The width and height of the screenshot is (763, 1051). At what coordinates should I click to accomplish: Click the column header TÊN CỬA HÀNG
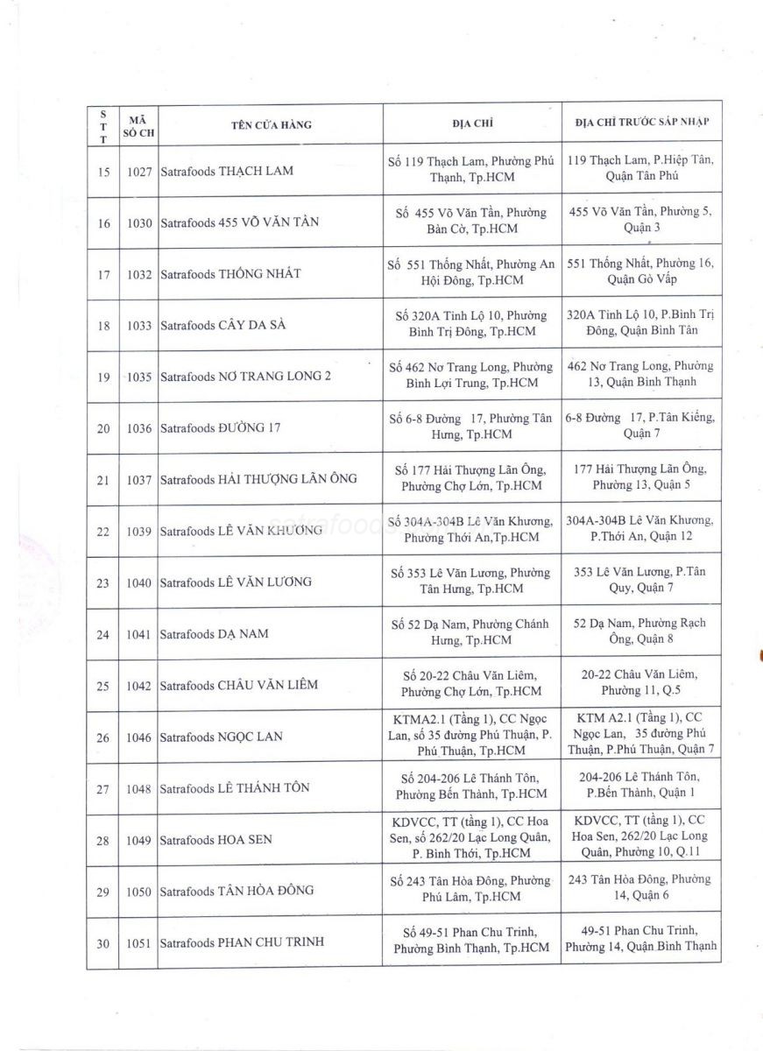272,124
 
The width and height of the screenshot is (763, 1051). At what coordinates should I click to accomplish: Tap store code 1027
139,172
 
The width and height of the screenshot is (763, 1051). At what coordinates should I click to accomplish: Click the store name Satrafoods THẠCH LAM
227,172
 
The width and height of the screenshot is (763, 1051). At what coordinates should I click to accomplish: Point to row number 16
103,223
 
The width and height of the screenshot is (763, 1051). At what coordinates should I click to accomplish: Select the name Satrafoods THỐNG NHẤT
230,274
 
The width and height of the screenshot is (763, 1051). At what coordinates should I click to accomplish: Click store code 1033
139,326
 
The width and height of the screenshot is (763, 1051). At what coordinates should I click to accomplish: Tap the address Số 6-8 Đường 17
470,427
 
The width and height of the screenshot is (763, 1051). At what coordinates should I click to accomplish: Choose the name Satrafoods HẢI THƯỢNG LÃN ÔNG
258,480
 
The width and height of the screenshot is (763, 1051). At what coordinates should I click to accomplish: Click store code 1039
139,532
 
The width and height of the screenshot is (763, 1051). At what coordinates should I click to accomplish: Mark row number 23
103,583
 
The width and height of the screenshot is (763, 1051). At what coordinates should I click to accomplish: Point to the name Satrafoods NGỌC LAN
221,737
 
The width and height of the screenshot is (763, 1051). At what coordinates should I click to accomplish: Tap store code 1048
139,789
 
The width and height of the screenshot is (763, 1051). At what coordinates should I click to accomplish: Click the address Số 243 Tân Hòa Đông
470,888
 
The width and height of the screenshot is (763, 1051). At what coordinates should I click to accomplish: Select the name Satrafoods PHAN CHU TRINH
242,942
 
